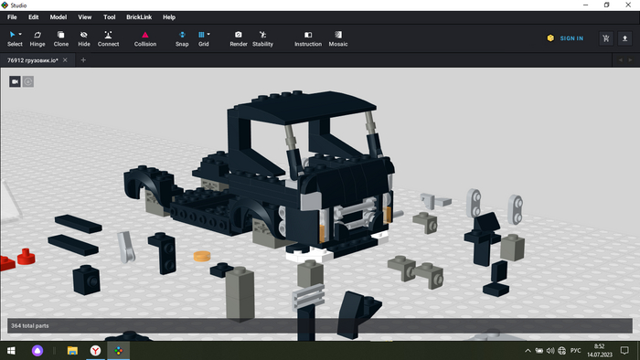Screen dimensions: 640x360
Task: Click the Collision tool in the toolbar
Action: tap(145, 38)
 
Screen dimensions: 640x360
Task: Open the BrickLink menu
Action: tap(139, 17)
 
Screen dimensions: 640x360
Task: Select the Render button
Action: tap(239, 38)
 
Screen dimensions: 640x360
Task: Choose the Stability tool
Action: tap(262, 38)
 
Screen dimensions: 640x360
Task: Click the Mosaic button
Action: tap(338, 38)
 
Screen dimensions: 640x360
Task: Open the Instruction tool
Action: tap(308, 38)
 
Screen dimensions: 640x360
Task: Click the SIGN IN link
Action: tap(571, 38)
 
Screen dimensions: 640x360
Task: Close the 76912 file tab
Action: tap(65, 60)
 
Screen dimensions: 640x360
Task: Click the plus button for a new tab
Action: tap(83, 60)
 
